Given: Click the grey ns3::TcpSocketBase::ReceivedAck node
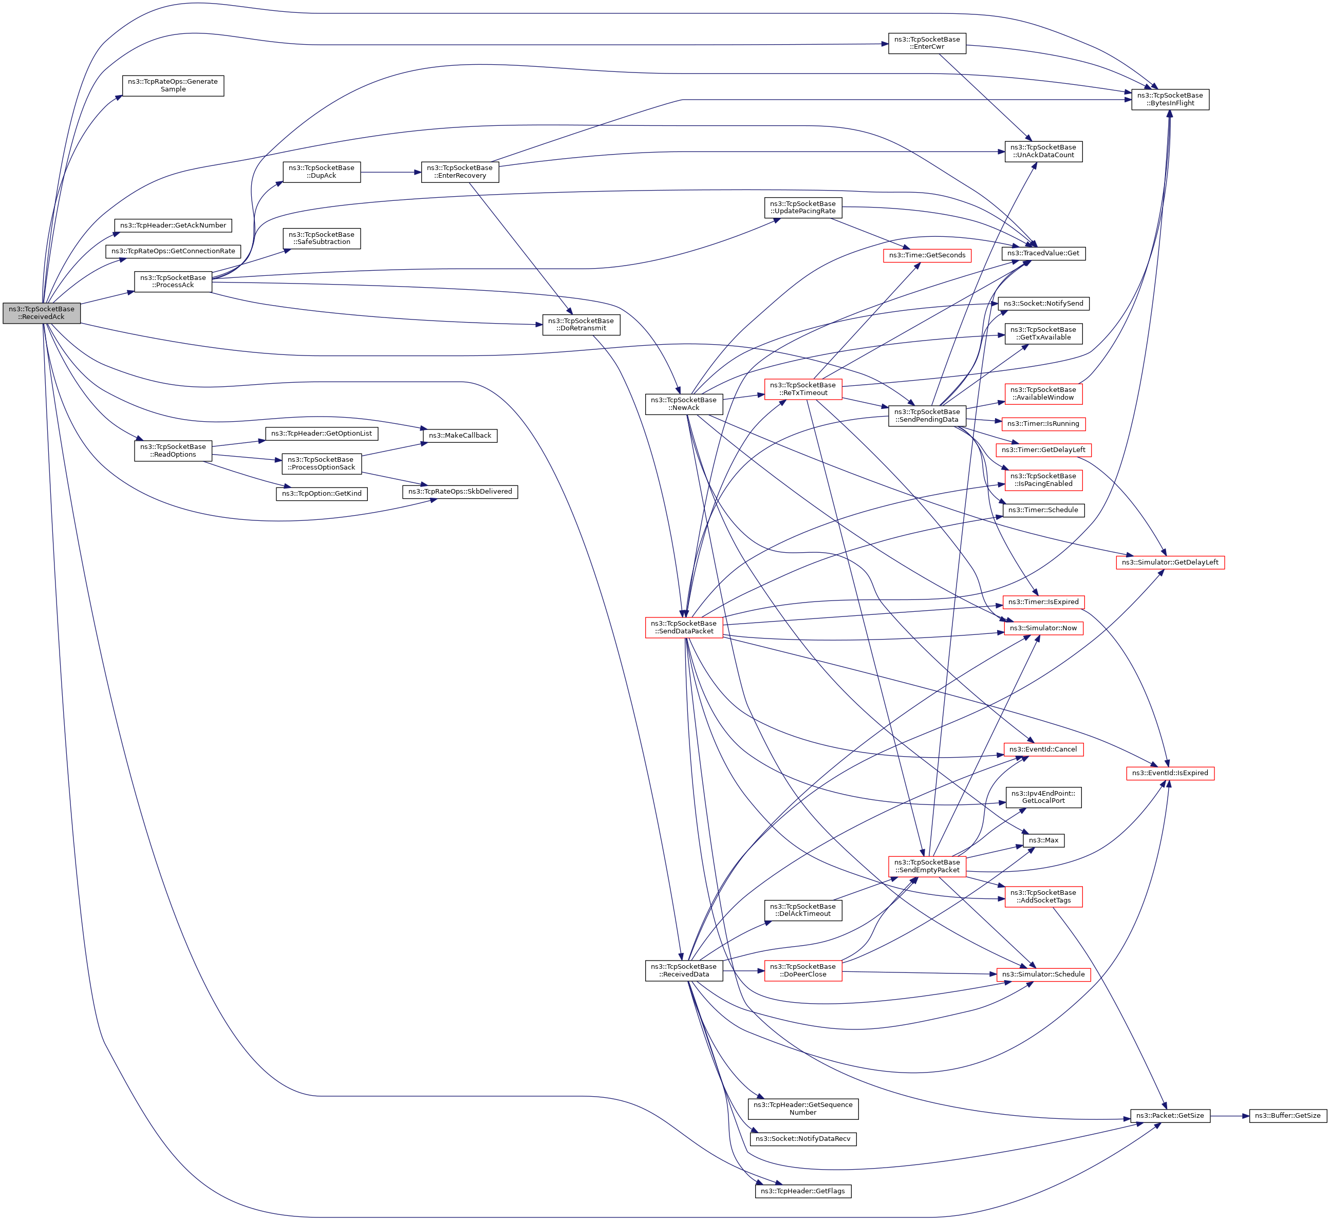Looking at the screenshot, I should tap(42, 313).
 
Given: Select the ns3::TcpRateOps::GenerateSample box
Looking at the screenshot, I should tap(173, 86).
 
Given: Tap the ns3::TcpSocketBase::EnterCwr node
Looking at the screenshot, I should tap(927, 44).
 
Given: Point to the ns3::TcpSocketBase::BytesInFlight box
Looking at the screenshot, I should tap(1170, 100).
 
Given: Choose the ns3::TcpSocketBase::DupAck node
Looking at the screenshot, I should tap(322, 172).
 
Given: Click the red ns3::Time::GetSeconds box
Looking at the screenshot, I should tap(927, 255).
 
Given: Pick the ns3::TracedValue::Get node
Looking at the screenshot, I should tap(1043, 254).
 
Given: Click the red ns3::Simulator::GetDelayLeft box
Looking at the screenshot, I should tap(1170, 562).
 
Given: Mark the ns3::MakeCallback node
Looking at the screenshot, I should tap(460, 436).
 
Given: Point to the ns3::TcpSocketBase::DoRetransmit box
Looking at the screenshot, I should tap(581, 325).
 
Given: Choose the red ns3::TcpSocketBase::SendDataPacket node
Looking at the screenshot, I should tap(684, 627).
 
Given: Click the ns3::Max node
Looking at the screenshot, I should tap(1043, 840).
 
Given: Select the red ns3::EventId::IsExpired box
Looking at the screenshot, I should tap(1170, 773).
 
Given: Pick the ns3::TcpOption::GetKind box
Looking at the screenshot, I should tap(322, 494).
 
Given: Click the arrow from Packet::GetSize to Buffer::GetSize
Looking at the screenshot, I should tap(1229, 1116).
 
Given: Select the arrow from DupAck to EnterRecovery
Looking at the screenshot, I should tap(391, 172).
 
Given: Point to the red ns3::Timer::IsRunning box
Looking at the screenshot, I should tap(1043, 424).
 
